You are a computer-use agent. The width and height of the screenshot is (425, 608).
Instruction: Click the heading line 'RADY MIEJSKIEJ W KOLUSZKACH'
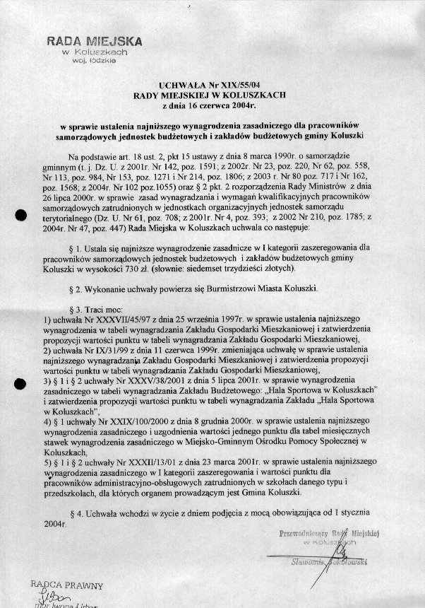click(212, 93)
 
